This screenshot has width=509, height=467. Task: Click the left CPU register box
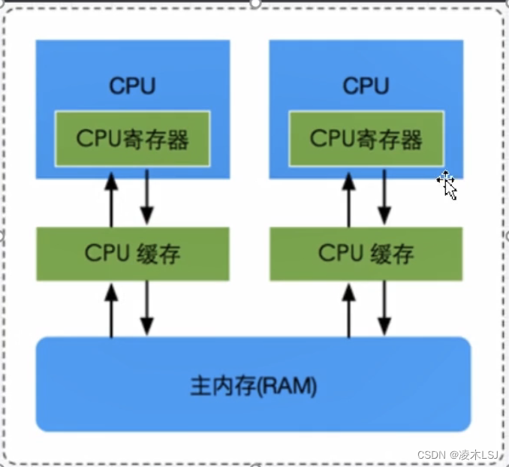(133, 139)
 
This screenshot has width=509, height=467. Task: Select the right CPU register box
(366, 139)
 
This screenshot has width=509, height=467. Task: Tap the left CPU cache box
(133, 253)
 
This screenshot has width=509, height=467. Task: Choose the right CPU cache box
(366, 253)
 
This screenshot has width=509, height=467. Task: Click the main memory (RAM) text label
(253, 387)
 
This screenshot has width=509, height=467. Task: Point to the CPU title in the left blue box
(133, 86)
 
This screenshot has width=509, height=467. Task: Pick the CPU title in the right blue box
(366, 86)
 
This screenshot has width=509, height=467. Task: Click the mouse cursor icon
(447, 185)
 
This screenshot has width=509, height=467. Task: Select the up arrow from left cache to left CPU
(111, 199)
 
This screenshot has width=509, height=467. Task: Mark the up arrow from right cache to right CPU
(349, 199)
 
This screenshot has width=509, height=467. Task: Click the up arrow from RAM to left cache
(111, 309)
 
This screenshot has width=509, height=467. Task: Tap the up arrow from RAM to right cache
(349, 309)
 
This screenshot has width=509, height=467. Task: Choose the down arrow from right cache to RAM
(384, 309)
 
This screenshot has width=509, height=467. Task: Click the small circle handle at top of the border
(255, 3)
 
